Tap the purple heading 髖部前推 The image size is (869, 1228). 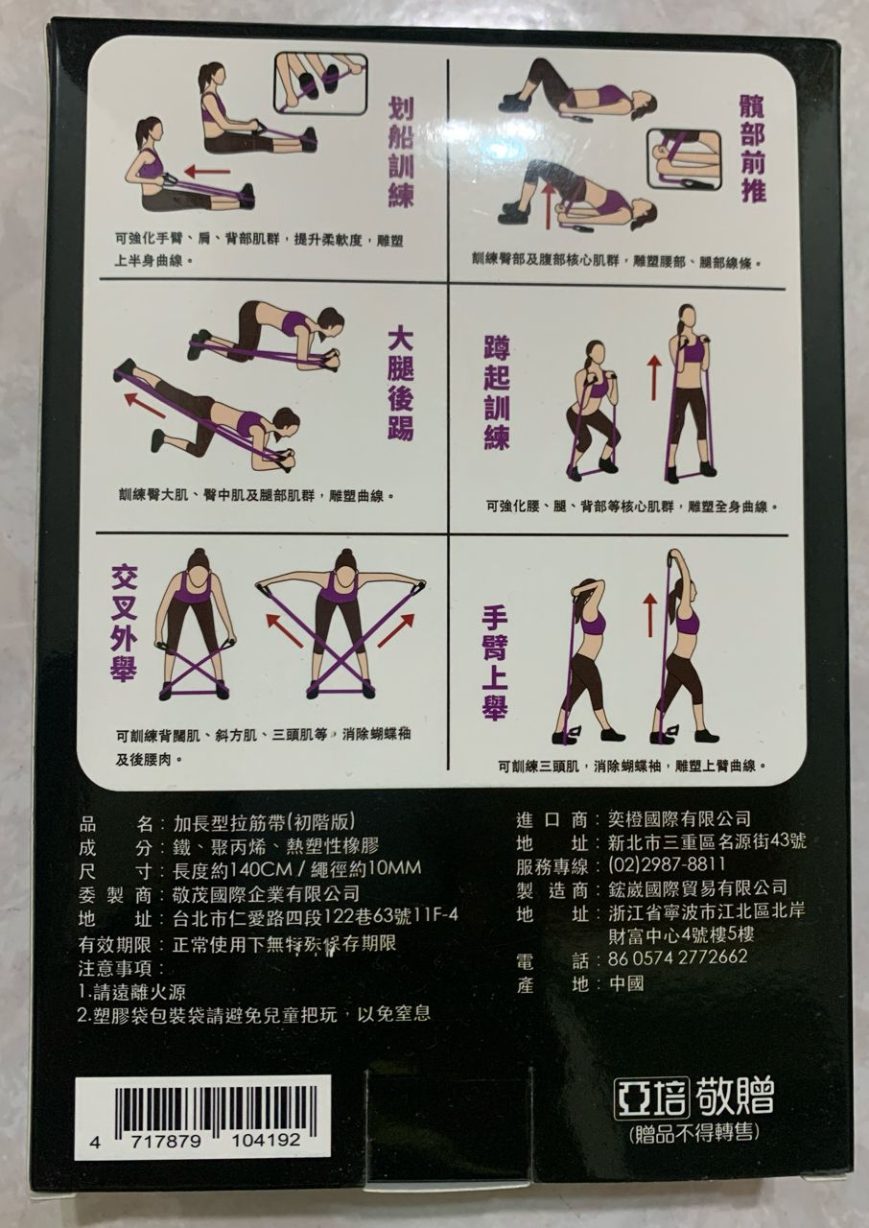pos(752,148)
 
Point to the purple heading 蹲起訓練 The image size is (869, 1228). pos(497,393)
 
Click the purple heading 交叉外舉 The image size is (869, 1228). pos(125,624)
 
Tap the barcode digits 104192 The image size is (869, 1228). pos(266,1141)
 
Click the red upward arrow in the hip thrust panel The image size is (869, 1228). pos(547,206)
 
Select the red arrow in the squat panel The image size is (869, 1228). pos(653,377)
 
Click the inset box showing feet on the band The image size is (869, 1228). pos(320,83)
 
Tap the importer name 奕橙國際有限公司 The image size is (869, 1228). pos(679,819)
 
